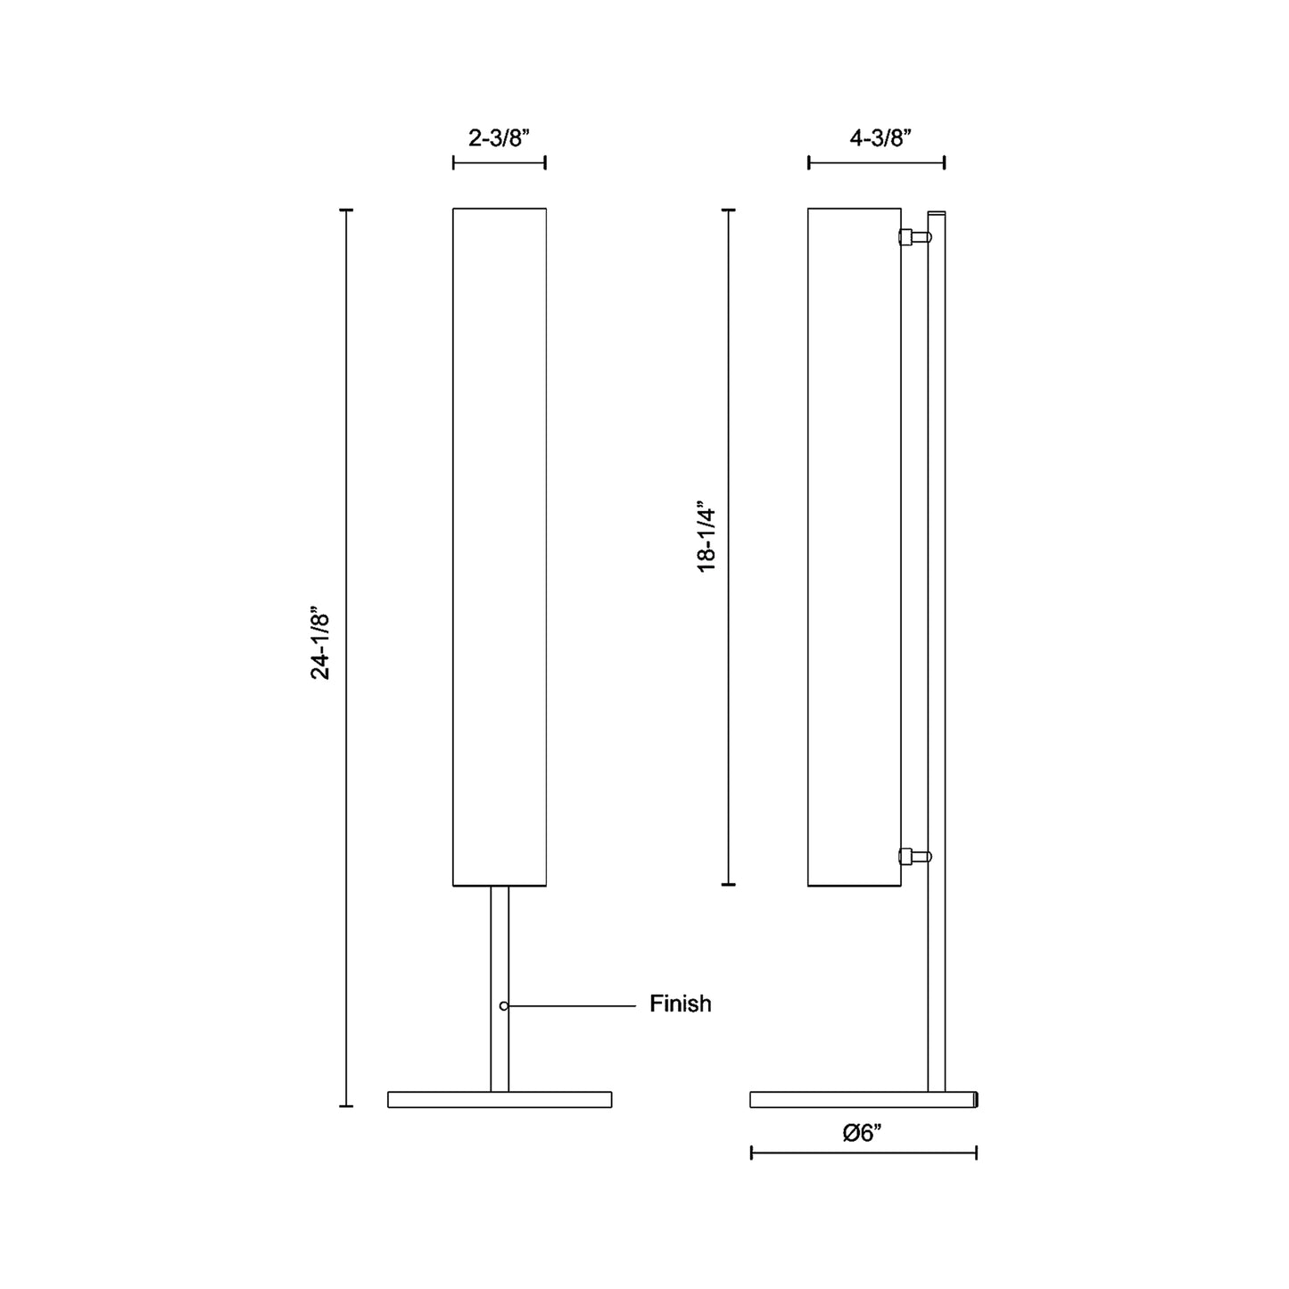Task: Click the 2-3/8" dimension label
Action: coord(499,138)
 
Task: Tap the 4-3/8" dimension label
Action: coord(880,138)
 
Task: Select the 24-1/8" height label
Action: coord(320,646)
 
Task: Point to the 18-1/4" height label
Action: coord(707,536)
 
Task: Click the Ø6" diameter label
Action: coord(862,1133)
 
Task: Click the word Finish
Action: coord(680,1004)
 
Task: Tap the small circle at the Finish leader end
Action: coord(504,1006)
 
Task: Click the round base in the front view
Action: coord(500,1099)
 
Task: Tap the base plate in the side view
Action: coord(863,1099)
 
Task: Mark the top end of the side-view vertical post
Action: coord(937,214)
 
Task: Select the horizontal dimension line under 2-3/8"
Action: coord(499,162)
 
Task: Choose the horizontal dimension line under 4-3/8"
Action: coord(876,162)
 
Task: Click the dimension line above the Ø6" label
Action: coord(863,1153)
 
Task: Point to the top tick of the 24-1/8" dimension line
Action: coord(347,211)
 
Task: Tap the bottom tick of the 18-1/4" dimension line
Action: coord(729,884)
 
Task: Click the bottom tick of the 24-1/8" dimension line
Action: coord(347,1106)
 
